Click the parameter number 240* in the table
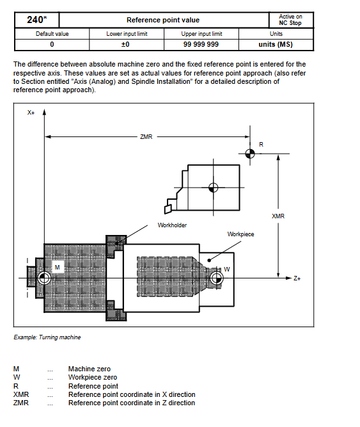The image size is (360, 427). point(36,20)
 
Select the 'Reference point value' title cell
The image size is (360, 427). point(163,20)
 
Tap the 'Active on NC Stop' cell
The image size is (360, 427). point(290,20)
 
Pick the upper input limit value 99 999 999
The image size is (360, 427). point(201,44)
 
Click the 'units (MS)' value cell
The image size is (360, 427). point(276,44)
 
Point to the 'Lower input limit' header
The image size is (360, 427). point(127,34)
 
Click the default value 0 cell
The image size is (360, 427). point(52,44)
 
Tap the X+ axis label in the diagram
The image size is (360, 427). point(31,113)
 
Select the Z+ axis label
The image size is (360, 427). point(297,278)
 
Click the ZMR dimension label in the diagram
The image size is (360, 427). point(146,137)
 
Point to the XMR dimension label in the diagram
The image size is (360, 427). point(278,216)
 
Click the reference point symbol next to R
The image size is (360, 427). point(250,154)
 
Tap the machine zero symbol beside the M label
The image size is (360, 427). point(44,278)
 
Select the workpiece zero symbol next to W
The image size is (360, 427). point(216,278)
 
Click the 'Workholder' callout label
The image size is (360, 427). point(172,225)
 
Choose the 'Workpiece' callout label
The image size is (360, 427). point(240,234)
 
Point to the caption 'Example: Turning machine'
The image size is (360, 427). point(47,337)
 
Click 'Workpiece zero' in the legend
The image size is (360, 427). point(93,377)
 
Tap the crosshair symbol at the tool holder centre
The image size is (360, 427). point(213,188)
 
